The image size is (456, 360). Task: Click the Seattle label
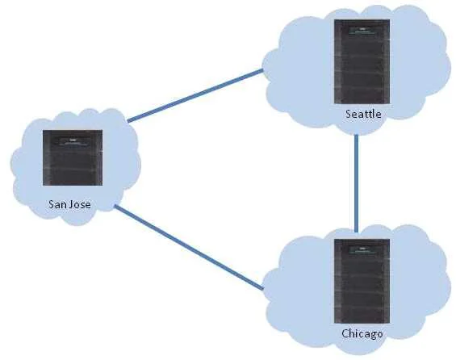(363, 114)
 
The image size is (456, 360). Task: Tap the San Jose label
(69, 204)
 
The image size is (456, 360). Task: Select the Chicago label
(362, 333)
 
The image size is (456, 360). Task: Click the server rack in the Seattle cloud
(362, 61)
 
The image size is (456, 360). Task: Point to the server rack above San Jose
(73, 157)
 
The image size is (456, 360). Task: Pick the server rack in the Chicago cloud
(362, 281)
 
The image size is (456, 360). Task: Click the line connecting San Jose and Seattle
(195, 95)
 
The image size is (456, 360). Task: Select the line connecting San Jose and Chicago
(189, 248)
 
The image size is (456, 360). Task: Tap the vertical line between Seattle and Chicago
(357, 183)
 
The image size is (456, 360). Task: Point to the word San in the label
(57, 204)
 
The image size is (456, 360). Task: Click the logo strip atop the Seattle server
(362, 30)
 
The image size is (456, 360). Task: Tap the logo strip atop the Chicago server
(362, 249)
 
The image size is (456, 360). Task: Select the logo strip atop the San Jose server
(73, 143)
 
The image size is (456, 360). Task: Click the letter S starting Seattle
(348, 114)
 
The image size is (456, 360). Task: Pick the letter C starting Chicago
(345, 333)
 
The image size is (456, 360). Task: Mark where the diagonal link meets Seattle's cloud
(262, 70)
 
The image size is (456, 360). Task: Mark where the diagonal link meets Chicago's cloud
(263, 289)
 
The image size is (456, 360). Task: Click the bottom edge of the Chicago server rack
(362, 323)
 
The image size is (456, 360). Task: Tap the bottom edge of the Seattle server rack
(362, 103)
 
